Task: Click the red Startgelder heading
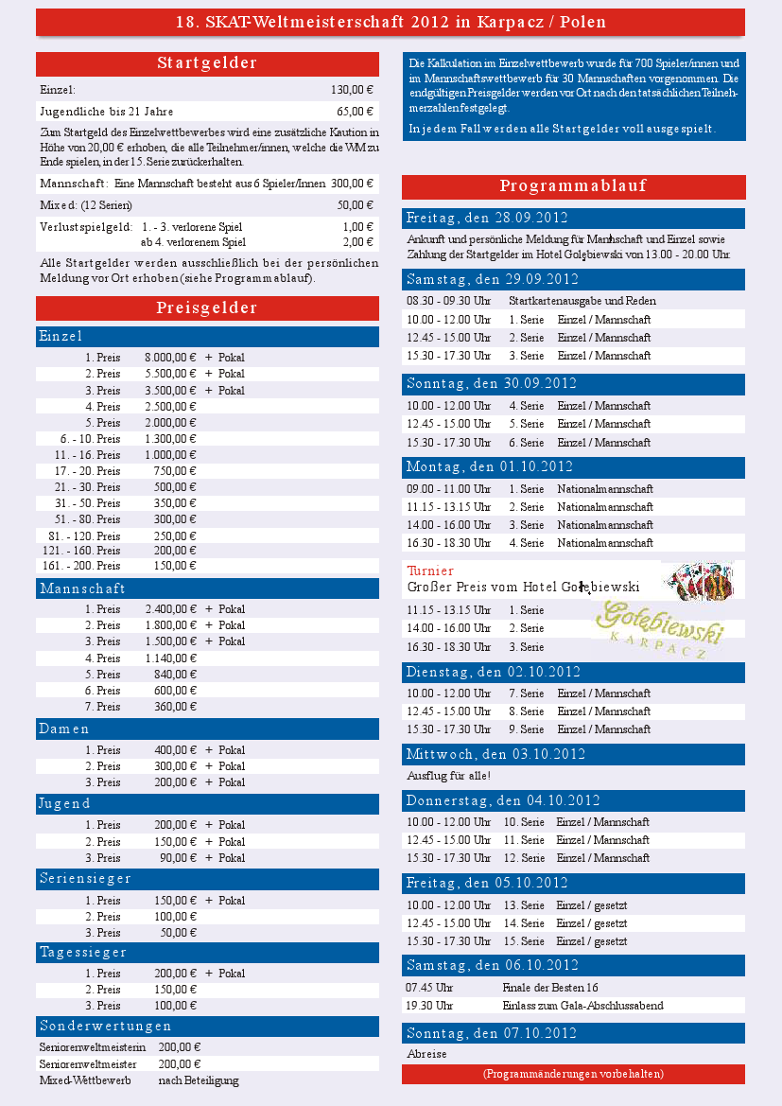pyautogui.click(x=207, y=63)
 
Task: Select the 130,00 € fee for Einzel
pyautogui.click(x=352, y=90)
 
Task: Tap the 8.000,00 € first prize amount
pyautogui.click(x=170, y=358)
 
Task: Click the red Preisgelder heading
pyautogui.click(x=207, y=307)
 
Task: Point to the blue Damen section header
pyautogui.click(x=207, y=729)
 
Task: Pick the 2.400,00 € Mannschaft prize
pyautogui.click(x=170, y=609)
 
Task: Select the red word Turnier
pyautogui.click(x=430, y=571)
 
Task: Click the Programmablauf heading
pyautogui.click(x=573, y=186)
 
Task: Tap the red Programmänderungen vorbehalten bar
pyautogui.click(x=573, y=1074)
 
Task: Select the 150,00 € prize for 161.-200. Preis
pyautogui.click(x=175, y=566)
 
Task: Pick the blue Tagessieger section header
pyautogui.click(x=207, y=952)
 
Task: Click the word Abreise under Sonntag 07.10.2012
pyautogui.click(x=426, y=1053)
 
